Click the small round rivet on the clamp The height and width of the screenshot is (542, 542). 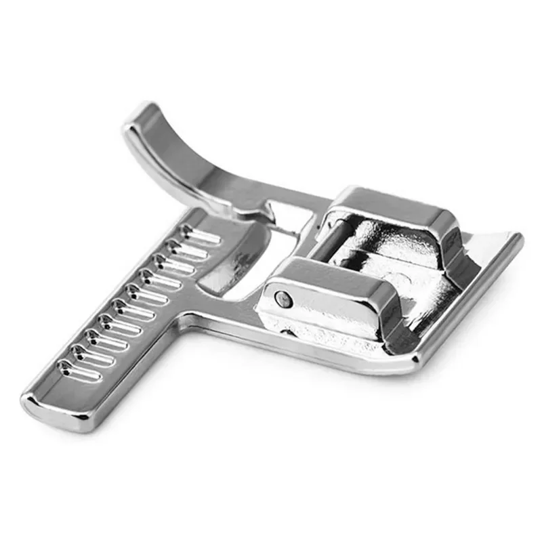click(x=283, y=297)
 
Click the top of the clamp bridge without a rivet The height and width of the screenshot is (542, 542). click(x=393, y=203)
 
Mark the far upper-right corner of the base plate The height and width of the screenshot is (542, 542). click(x=518, y=237)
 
